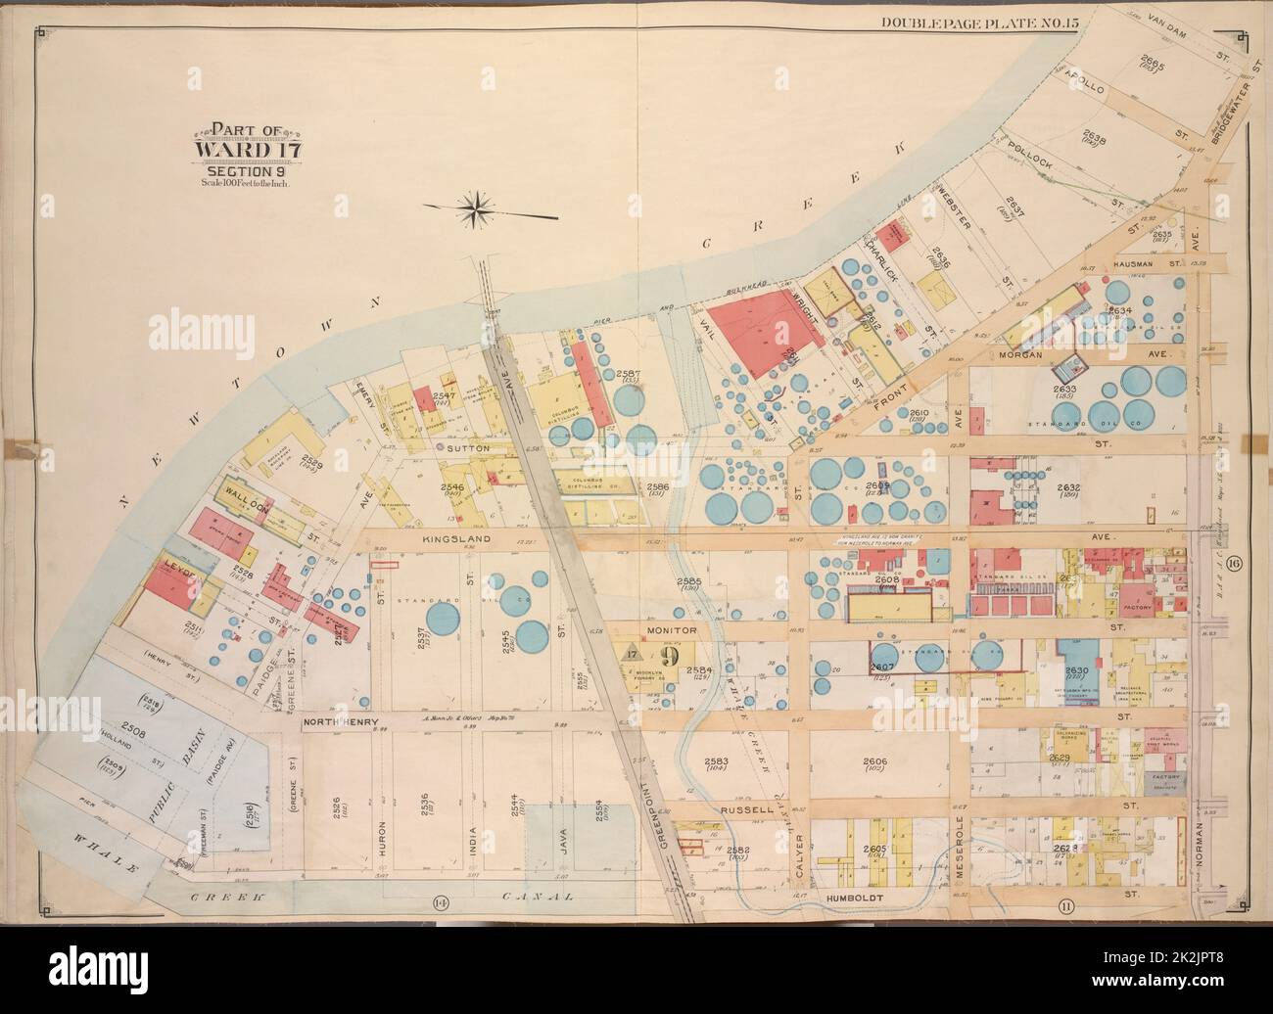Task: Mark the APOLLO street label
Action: click(x=1080, y=87)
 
